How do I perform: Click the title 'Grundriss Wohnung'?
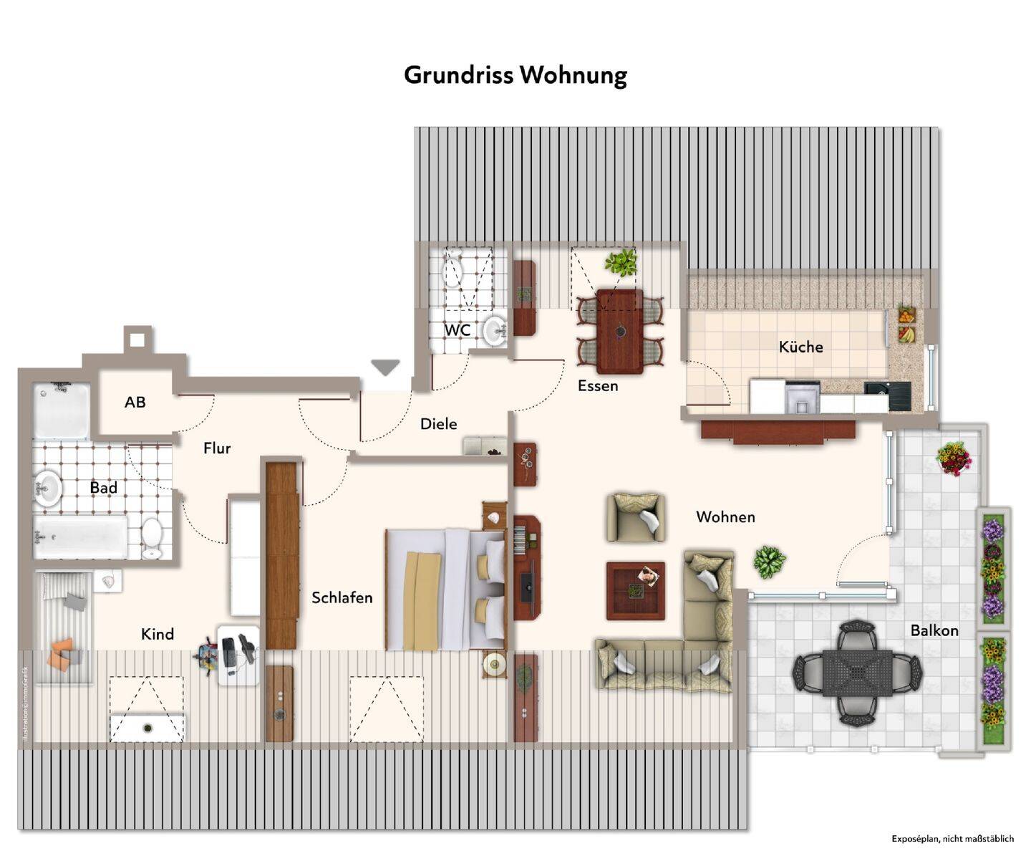(515, 75)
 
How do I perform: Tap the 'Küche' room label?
(800, 347)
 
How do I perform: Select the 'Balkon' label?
(934, 630)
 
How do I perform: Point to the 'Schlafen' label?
(342, 597)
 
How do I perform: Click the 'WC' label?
(458, 330)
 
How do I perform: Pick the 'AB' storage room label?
(135, 403)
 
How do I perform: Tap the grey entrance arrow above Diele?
(385, 367)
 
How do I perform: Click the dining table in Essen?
(619, 330)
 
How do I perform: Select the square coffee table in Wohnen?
(635, 591)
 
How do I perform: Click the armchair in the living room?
(635, 516)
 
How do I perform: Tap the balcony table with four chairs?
(857, 673)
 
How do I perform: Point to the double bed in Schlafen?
(445, 590)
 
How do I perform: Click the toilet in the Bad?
(152, 537)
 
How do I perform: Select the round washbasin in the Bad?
(48, 489)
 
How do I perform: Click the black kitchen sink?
(887, 395)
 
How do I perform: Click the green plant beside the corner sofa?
(769, 562)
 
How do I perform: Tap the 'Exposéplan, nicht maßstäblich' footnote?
(952, 838)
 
